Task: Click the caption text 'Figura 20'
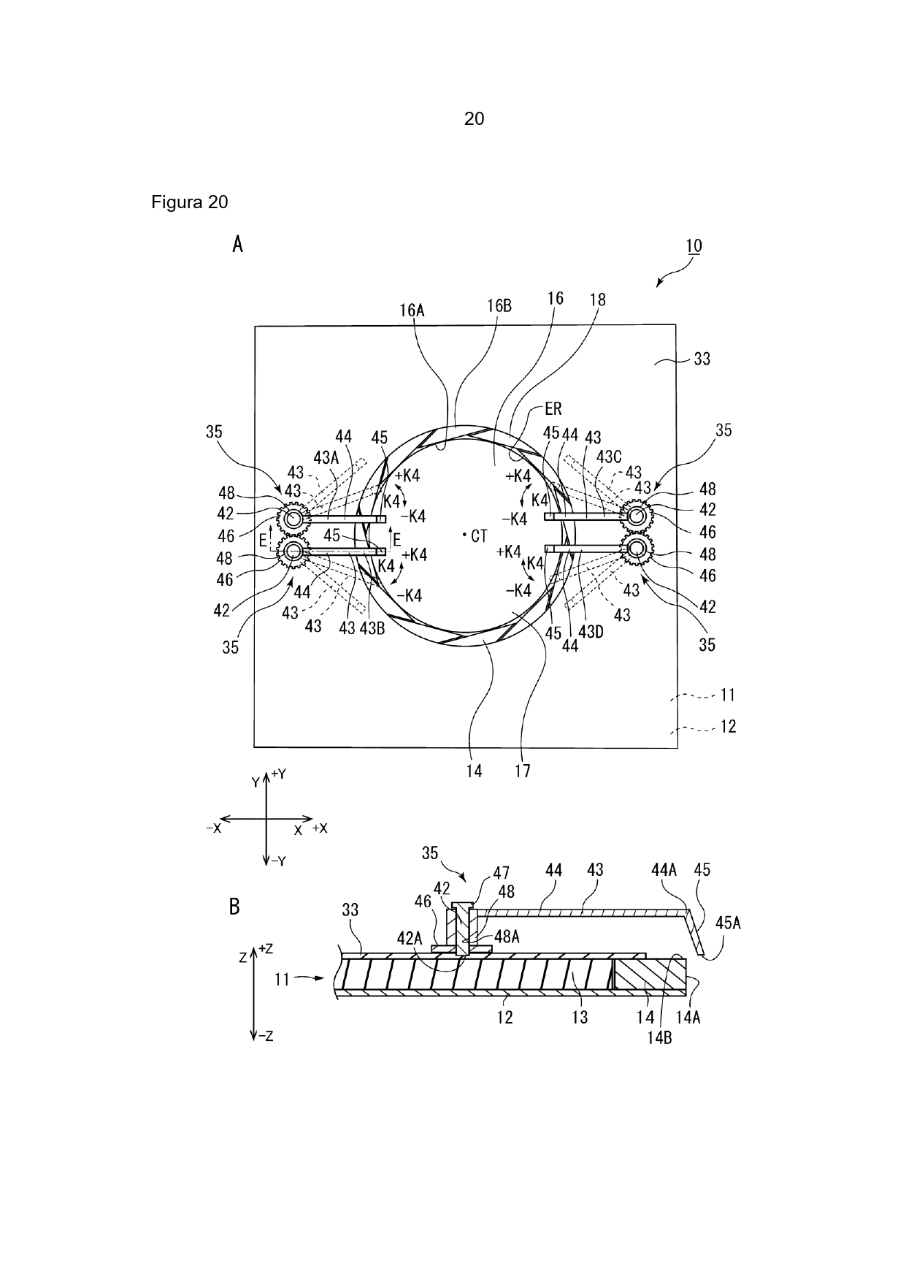pyautogui.click(x=190, y=202)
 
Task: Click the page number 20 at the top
pyautogui.click(x=474, y=118)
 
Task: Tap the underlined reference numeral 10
pyautogui.click(x=694, y=245)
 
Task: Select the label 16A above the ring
pyautogui.click(x=412, y=310)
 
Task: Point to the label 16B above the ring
pyautogui.click(x=499, y=306)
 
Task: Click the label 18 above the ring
pyautogui.click(x=598, y=299)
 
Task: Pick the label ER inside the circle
pyautogui.click(x=553, y=409)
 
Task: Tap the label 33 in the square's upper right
pyautogui.click(x=702, y=359)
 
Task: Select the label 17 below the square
pyautogui.click(x=523, y=770)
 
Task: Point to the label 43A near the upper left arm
pyautogui.click(x=326, y=458)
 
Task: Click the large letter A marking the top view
pyautogui.click(x=237, y=245)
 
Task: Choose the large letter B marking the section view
pyautogui.click(x=234, y=907)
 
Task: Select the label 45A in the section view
pyautogui.click(x=728, y=923)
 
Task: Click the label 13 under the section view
pyautogui.click(x=580, y=1017)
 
